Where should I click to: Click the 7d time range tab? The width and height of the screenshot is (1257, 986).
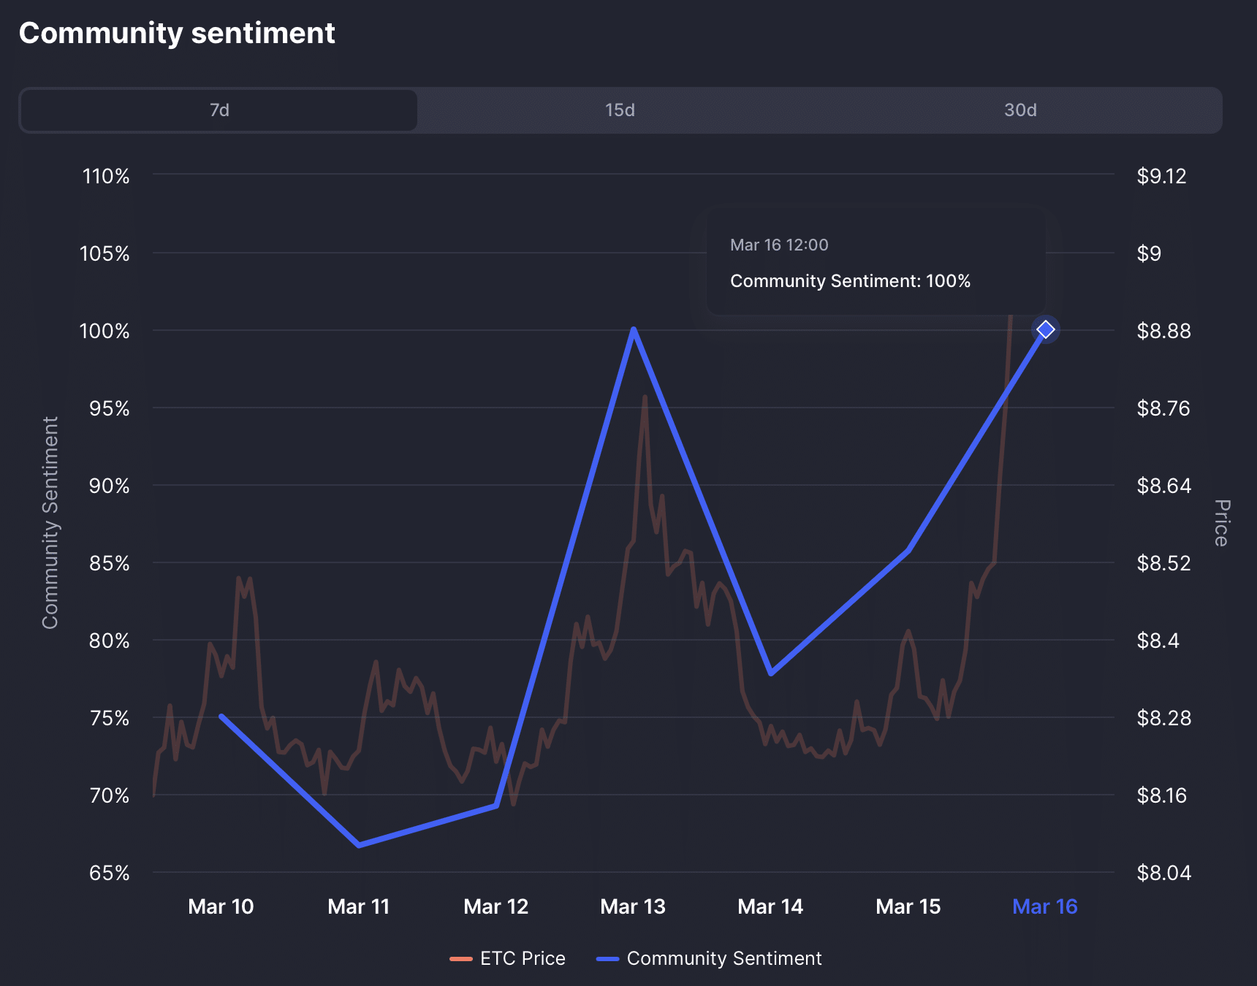[x=219, y=110]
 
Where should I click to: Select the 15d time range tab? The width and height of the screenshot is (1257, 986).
[x=619, y=110]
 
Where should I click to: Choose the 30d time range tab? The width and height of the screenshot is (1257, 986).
[x=1019, y=110]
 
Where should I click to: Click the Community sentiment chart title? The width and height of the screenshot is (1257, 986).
[x=177, y=34]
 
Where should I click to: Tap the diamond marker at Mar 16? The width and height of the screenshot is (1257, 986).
[x=1046, y=330]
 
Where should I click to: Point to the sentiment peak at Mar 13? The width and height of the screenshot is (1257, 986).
[x=634, y=330]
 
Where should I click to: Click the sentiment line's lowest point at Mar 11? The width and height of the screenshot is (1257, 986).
[x=359, y=845]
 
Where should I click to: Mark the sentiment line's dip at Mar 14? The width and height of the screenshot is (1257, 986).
[x=771, y=673]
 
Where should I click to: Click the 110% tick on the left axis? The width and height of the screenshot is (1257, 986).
[x=106, y=176]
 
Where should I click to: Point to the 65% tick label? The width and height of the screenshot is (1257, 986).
[x=109, y=873]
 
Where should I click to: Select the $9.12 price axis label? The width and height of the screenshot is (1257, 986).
[x=1161, y=176]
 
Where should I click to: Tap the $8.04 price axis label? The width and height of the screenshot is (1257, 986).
[x=1163, y=873]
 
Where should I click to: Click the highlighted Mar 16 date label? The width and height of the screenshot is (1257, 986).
[x=1044, y=906]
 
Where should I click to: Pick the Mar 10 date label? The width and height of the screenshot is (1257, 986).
[x=221, y=906]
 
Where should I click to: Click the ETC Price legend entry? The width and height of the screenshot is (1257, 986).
[x=508, y=958]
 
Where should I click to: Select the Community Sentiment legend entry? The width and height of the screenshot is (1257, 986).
[x=710, y=958]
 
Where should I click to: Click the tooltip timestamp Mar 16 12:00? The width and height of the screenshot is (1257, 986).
[x=779, y=245]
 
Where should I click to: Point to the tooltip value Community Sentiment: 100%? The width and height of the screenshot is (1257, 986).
[x=850, y=281]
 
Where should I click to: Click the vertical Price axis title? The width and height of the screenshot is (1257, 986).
[x=1220, y=523]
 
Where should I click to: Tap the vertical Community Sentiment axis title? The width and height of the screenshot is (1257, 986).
[x=50, y=523]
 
